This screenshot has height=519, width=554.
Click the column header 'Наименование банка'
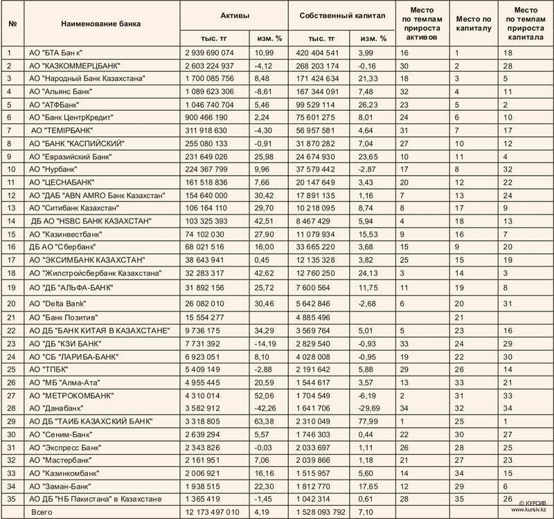100,24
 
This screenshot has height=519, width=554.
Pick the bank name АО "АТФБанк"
57,104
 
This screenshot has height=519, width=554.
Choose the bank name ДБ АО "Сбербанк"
63,246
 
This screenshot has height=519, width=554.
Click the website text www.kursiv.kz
529,510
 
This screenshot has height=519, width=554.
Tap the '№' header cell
12,24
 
